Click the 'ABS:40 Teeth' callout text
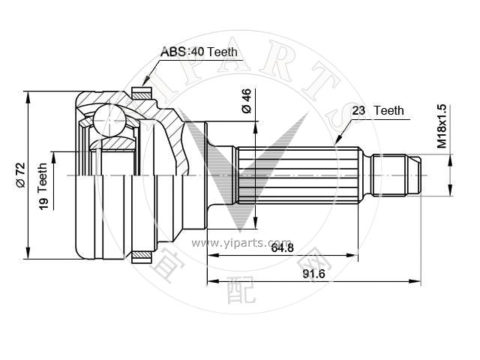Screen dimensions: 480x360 (199, 52)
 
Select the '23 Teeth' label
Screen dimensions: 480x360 (378, 110)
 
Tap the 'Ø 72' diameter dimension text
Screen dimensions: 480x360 (21, 175)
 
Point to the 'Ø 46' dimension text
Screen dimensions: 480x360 (246, 101)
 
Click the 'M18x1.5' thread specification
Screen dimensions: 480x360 (442, 126)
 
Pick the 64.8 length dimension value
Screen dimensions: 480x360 (282, 247)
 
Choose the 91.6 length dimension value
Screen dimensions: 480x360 (313, 274)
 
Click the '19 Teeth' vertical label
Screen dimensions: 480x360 (43, 186)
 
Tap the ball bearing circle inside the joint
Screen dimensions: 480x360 (109, 120)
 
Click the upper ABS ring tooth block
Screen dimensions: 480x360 (142, 93)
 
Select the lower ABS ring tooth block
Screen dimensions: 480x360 (142, 257)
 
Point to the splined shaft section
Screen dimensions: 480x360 (298, 175)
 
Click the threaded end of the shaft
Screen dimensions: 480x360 (397, 175)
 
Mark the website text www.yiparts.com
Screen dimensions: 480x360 (241, 243)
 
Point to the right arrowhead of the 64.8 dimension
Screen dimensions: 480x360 (352, 255)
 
